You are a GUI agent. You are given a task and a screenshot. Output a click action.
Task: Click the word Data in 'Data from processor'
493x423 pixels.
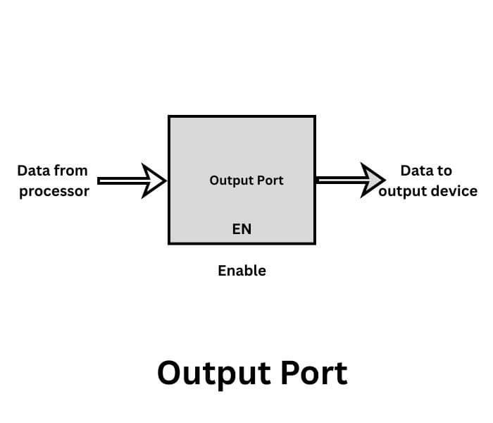tap(32, 171)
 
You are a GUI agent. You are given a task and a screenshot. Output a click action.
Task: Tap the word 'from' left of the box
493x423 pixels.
tap(71, 171)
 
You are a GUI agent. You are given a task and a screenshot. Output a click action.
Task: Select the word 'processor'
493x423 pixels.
tap(54, 192)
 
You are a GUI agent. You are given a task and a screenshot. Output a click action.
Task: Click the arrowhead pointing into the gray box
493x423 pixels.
tap(154, 181)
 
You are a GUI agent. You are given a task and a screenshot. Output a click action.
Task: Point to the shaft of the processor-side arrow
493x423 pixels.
tap(120, 181)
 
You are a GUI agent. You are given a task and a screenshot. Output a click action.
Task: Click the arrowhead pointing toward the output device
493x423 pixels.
tap(374, 180)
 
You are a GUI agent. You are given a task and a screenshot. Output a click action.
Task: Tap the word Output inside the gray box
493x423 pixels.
tap(230, 180)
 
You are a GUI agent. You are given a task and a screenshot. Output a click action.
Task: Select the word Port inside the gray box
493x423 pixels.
tap(270, 180)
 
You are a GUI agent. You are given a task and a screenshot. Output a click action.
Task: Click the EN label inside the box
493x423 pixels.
tap(242, 229)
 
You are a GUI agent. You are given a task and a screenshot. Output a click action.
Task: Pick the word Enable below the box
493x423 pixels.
tap(242, 271)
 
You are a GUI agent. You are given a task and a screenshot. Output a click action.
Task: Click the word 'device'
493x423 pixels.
tap(455, 192)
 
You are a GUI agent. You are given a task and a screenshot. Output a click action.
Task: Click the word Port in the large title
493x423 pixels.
tap(313, 373)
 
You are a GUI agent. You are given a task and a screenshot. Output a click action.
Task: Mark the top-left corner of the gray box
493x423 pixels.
tap(169, 116)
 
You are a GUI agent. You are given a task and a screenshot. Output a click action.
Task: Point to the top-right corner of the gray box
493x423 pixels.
tap(315, 116)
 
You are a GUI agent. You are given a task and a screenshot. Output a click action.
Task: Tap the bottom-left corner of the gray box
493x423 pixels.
tap(169, 244)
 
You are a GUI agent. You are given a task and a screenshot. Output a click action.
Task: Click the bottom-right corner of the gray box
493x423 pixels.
tap(315, 244)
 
